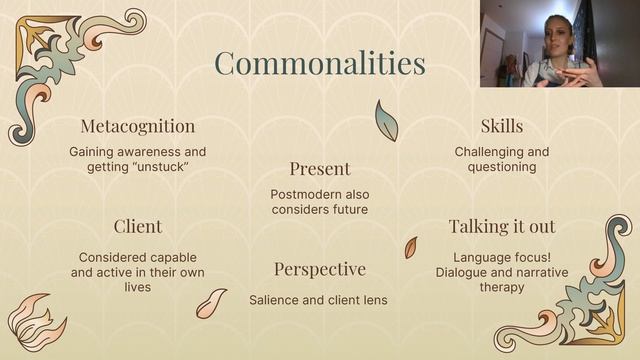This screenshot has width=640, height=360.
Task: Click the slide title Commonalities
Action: pos(319,63)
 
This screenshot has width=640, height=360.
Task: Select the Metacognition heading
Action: pos(137,127)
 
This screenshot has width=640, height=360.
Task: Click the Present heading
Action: pos(320,169)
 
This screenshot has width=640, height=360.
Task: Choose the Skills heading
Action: pos(501,126)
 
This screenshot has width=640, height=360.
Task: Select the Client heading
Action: pos(137,226)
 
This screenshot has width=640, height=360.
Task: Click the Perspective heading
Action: pos(320,270)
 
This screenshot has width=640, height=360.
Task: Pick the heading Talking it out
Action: pos(501,226)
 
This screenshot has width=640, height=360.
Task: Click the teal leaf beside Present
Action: pos(386,121)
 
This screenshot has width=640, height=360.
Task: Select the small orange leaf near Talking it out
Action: pos(410,247)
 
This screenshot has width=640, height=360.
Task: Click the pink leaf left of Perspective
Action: pos(211,303)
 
